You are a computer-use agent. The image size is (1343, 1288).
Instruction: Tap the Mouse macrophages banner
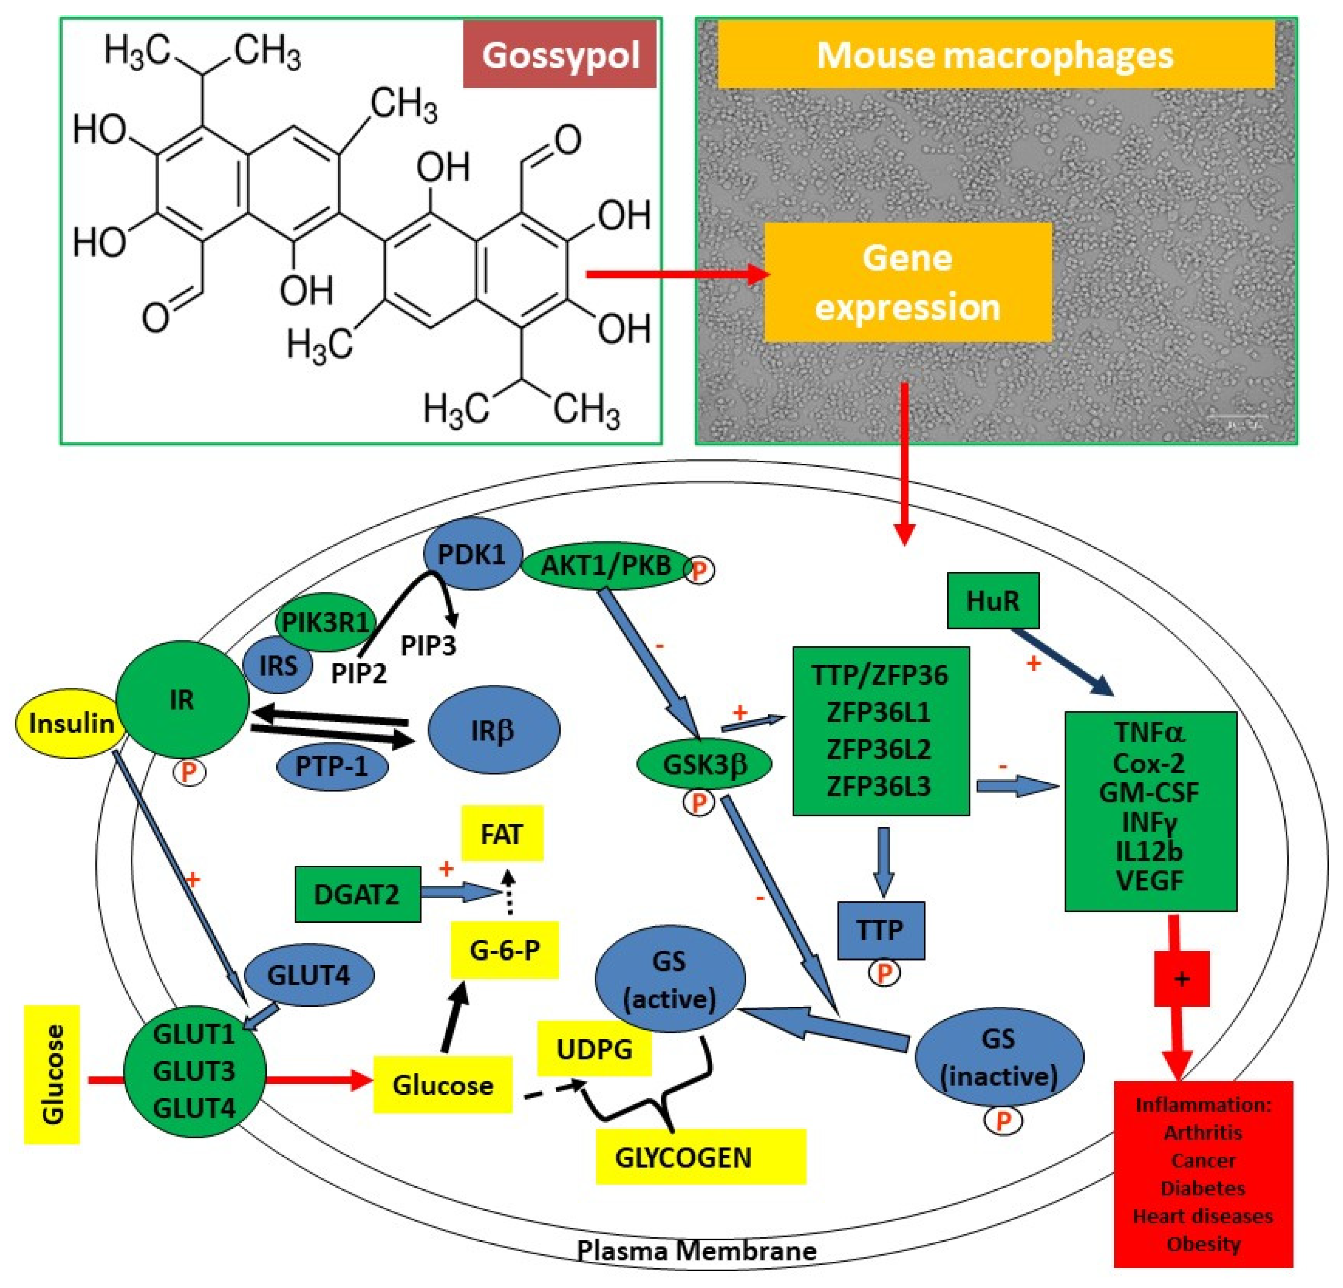995,55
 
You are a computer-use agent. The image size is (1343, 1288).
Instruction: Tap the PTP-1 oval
332,766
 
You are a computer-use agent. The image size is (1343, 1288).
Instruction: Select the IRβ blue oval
493,730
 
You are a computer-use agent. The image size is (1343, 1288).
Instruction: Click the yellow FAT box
501,834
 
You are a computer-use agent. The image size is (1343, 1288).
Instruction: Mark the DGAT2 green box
357,894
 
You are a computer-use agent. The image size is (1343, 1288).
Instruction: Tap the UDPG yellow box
594,1048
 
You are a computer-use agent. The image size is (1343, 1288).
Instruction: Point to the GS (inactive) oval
999,1056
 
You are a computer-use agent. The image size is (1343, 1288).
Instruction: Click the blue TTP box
880,930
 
